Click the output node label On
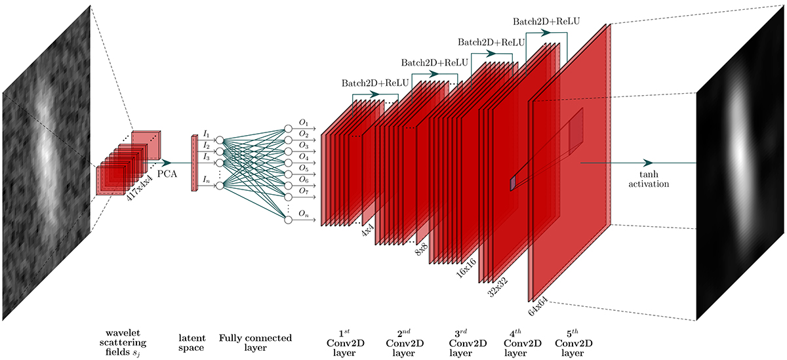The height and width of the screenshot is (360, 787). pos(303,213)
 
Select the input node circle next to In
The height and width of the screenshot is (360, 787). pos(220,186)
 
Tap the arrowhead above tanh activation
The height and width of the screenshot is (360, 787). pos(648,163)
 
